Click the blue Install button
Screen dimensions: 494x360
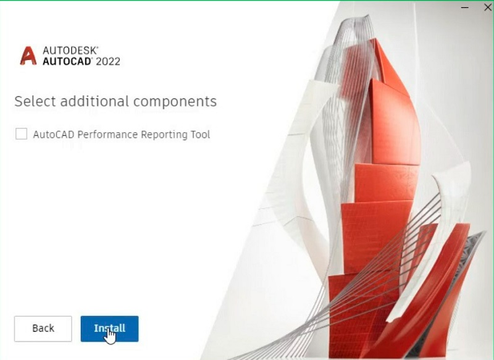[x=109, y=329]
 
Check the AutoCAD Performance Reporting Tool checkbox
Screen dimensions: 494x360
[x=22, y=133]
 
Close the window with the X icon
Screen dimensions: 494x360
[x=487, y=7]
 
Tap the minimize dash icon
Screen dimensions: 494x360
[x=465, y=7]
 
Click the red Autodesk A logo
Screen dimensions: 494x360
[x=28, y=56]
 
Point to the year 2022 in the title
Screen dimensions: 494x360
[x=108, y=61]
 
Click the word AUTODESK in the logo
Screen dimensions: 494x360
[x=70, y=51]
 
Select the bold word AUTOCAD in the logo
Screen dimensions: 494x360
[x=67, y=61]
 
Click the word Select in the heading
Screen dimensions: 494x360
[x=36, y=101]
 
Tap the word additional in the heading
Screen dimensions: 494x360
[x=94, y=101]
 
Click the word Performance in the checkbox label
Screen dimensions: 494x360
[x=107, y=135]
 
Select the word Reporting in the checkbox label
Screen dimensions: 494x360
[x=164, y=135]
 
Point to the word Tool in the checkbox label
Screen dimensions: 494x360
[x=200, y=135]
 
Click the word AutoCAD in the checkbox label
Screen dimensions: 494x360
[x=54, y=135]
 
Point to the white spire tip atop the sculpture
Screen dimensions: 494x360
[x=366, y=17]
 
